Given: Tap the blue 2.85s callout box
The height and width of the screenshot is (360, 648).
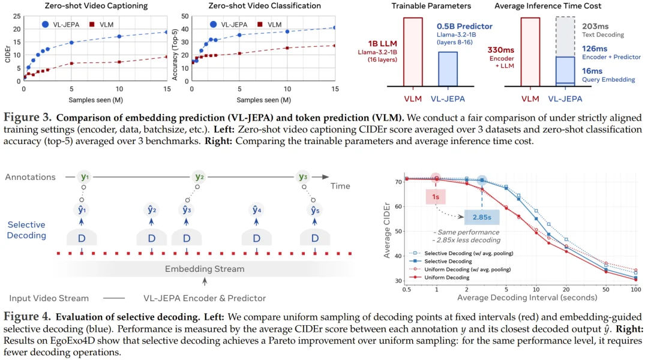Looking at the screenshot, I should [482, 218].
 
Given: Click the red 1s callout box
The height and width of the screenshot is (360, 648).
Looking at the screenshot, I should [436, 196].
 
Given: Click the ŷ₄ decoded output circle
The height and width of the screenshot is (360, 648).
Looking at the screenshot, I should [256, 210].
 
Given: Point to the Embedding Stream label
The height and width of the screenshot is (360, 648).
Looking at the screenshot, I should [205, 269].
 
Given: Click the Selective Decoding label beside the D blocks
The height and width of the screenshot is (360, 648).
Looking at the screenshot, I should [26, 230].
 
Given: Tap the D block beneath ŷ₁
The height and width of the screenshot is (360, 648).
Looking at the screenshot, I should [83, 238].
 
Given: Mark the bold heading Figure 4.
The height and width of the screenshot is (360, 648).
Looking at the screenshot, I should [26, 316].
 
